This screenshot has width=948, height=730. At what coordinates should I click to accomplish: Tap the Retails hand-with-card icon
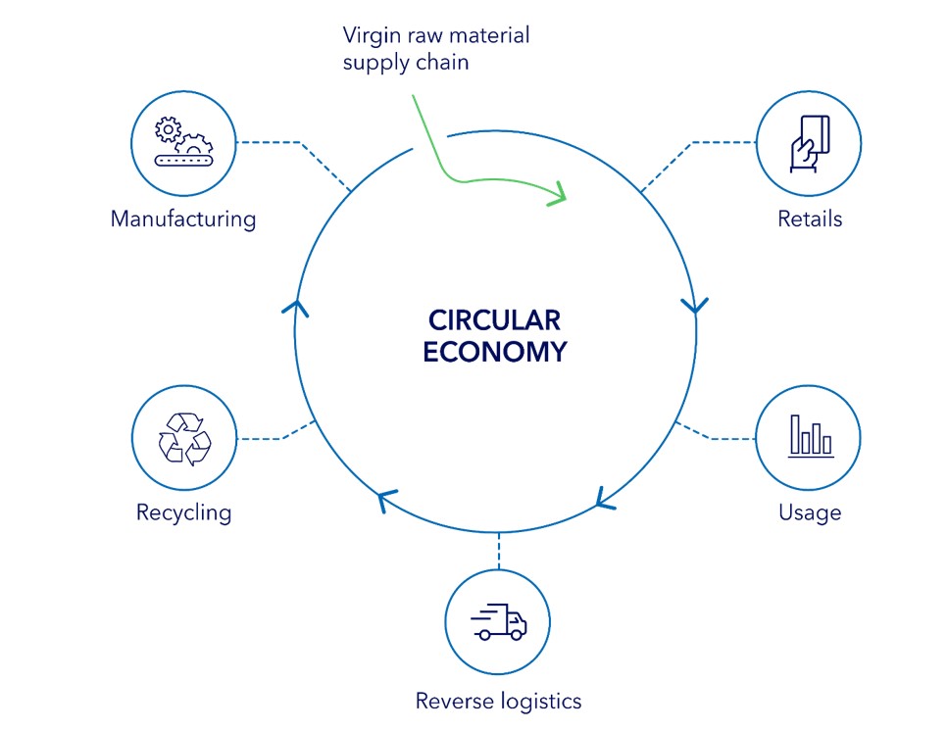tap(810, 144)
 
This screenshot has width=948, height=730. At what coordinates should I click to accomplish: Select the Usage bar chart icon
tap(810, 437)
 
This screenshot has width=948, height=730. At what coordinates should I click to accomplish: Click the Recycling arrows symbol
tap(184, 437)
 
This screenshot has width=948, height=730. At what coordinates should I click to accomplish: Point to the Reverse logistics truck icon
tap(498, 622)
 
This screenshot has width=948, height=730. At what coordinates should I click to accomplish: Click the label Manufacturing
tap(183, 219)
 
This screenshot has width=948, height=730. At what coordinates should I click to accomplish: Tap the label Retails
tap(810, 219)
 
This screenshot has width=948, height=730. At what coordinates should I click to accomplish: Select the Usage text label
tap(810, 512)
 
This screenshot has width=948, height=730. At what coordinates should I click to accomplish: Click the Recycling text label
tap(184, 512)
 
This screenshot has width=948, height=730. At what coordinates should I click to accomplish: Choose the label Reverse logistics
tap(498, 701)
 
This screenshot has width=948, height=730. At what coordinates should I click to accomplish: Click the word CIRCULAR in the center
tap(494, 321)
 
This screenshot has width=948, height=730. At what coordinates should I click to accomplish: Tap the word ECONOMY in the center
tap(494, 352)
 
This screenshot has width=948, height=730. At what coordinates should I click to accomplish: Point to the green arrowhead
tap(559, 192)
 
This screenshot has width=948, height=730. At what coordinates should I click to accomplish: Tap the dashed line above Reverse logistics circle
tap(498, 550)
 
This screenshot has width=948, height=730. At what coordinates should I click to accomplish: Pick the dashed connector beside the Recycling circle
tap(270, 437)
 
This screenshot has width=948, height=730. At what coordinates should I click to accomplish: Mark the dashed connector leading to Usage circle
tap(721, 436)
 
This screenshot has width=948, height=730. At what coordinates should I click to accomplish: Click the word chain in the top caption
tap(446, 63)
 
